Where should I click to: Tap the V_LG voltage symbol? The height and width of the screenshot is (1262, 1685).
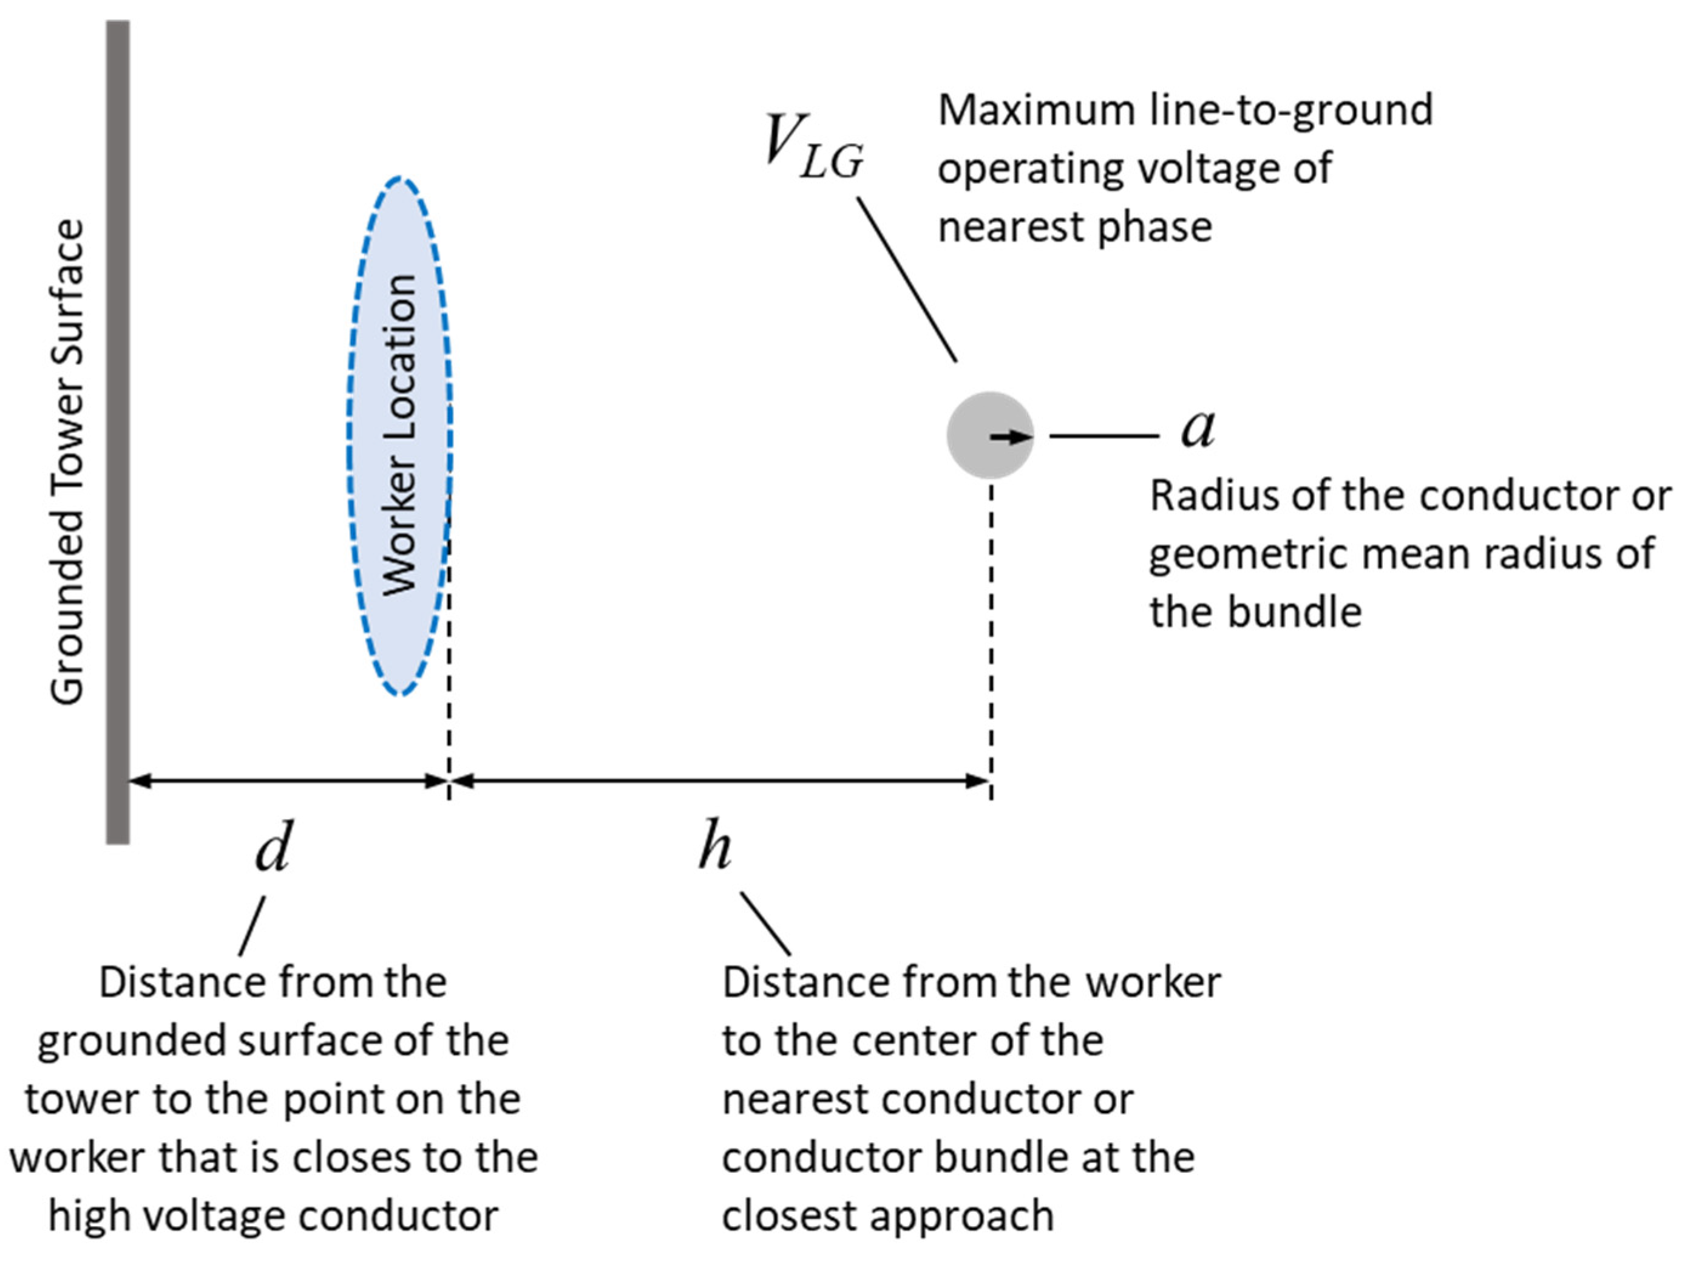click(x=813, y=146)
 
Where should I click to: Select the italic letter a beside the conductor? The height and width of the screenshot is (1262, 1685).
click(x=1198, y=428)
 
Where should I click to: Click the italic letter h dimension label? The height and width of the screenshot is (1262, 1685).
click(x=714, y=845)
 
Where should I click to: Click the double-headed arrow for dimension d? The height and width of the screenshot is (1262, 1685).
click(x=288, y=780)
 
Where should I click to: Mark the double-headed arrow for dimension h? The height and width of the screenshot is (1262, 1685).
click(x=720, y=780)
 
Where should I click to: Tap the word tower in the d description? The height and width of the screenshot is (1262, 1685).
click(x=81, y=1100)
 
